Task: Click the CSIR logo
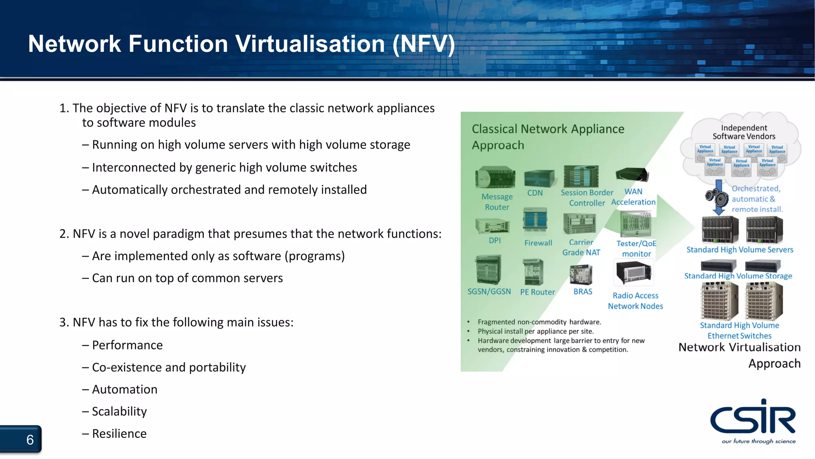pos(753,418)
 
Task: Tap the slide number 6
pos(30,440)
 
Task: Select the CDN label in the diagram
pos(535,193)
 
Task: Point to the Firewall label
pos(538,243)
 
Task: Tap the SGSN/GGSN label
pos(489,292)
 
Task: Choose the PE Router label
pos(537,292)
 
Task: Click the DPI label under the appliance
pos(495,241)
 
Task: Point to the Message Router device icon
pos(495,177)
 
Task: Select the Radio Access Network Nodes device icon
pos(634,272)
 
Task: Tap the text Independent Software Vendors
pos(744,132)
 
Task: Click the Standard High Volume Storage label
pos(738,276)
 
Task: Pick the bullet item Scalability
pos(119,412)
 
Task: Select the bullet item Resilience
pos(119,434)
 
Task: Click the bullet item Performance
pos(127,345)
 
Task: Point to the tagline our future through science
pos(758,441)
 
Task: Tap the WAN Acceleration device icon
pos(632,175)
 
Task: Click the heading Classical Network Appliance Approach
pos(548,137)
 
